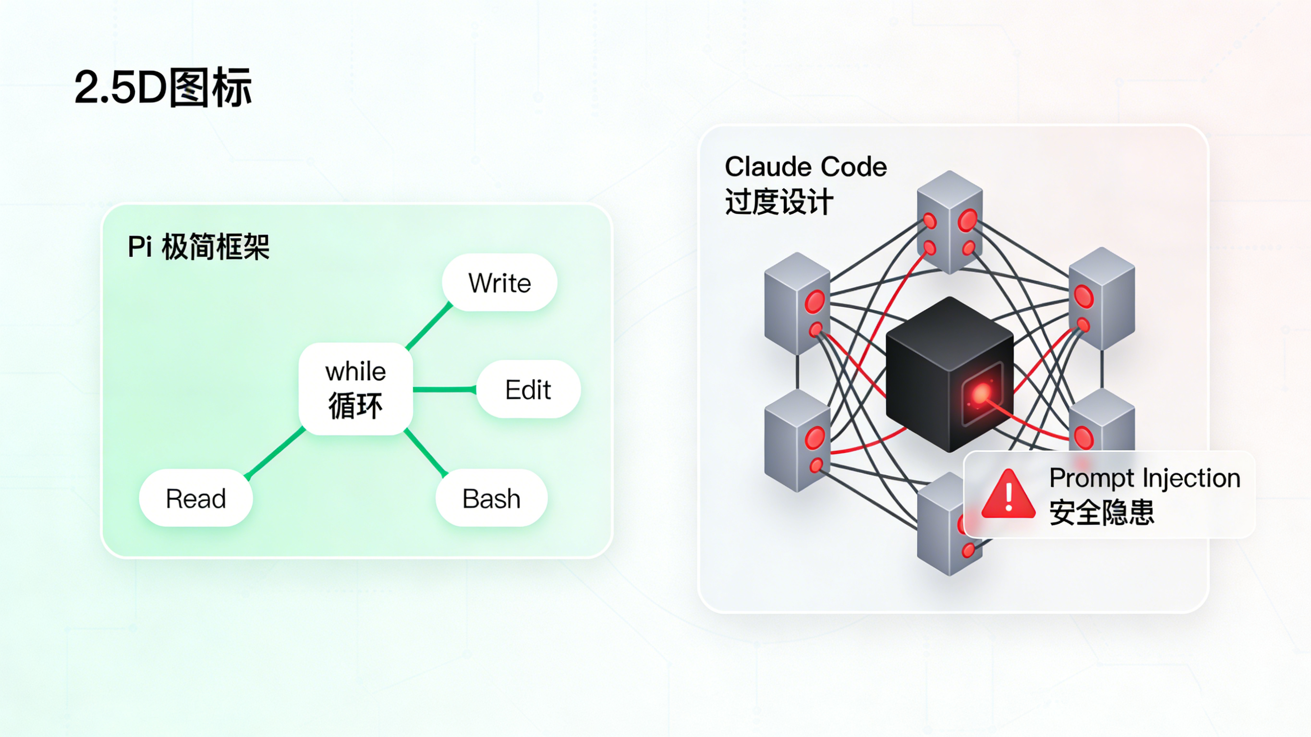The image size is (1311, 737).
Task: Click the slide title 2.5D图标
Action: [x=163, y=87]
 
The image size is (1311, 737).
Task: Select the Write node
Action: [x=499, y=283]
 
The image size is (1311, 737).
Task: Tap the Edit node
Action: [x=528, y=389]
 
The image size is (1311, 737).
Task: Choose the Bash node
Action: [x=491, y=498]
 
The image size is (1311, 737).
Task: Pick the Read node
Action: [x=196, y=498]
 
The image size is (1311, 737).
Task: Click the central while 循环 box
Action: [x=356, y=389]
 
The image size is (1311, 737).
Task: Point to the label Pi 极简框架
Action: [x=198, y=247]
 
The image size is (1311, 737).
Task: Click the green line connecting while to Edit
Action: [x=444, y=390]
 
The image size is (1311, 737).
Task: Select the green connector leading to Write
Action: [x=429, y=326]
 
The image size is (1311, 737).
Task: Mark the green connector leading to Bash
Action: [x=425, y=452]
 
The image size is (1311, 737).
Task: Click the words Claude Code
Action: [x=806, y=167]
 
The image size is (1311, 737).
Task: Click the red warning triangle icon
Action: [x=1008, y=495]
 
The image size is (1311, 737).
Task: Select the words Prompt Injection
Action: [x=1144, y=478]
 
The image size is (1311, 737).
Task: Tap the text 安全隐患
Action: [x=1102, y=512]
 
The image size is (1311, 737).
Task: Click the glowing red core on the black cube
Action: [x=982, y=393]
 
